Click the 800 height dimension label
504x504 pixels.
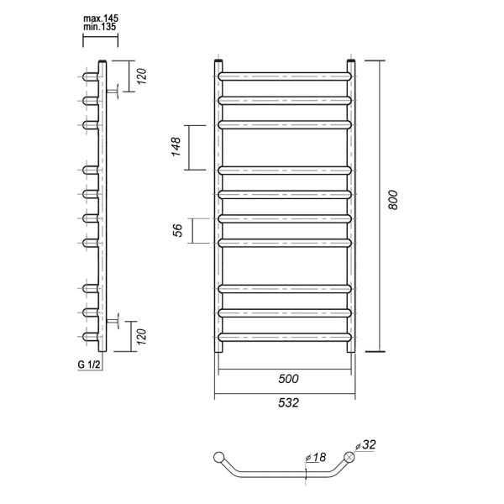pos(393,200)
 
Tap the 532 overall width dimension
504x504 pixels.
pos(288,402)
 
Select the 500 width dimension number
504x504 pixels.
pos(288,379)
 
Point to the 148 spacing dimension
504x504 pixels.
pos(176,147)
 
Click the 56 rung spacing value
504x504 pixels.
pos(177,230)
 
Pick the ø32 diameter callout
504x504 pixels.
pos(365,444)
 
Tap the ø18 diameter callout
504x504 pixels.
pos(316,457)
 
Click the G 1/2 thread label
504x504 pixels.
pos(89,365)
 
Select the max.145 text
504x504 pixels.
pos(101,18)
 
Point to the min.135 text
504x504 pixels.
pos(100,27)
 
